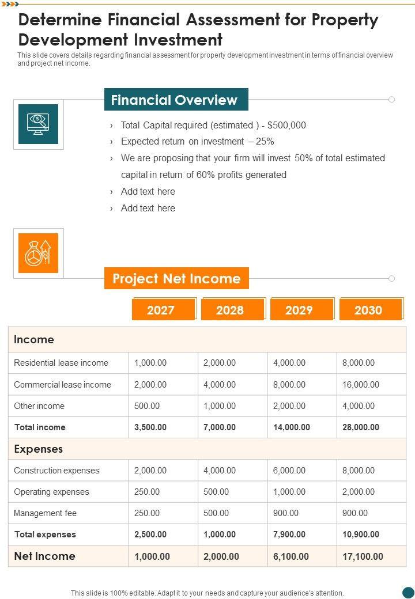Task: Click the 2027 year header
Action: click(161, 310)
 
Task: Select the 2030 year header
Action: click(368, 310)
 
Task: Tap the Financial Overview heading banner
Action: click(175, 100)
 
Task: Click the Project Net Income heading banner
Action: click(176, 279)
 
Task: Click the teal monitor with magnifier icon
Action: click(39, 124)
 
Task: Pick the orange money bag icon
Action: click(39, 253)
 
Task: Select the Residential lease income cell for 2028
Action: click(220, 363)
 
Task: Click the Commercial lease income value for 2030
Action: click(361, 385)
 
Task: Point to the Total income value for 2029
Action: click(292, 427)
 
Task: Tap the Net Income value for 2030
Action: click(363, 556)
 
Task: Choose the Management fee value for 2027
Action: click(147, 513)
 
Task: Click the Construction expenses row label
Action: click(56, 471)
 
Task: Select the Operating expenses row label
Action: click(51, 492)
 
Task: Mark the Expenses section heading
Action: click(39, 449)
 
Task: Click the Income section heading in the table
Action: click(34, 340)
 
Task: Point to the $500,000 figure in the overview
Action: click(287, 125)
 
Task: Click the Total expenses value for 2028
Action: click(220, 534)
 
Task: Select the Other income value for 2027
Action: click(147, 406)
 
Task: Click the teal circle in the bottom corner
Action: click(408, 592)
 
